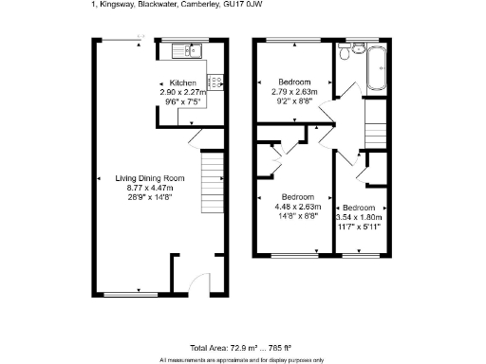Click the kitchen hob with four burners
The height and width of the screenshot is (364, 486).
click(x=215, y=82)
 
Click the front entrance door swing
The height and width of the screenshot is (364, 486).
click(x=197, y=282)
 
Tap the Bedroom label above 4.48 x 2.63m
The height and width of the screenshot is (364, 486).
click(x=291, y=197)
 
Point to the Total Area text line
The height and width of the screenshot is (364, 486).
click(x=242, y=348)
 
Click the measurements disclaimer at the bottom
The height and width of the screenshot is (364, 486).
click(x=242, y=359)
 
